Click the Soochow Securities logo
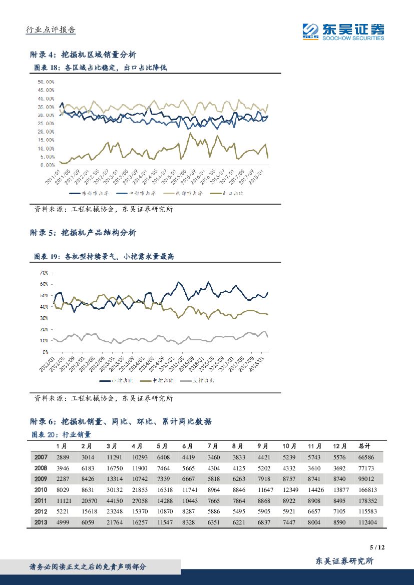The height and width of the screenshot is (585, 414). point(343,32)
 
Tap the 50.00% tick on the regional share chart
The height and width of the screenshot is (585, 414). point(45,82)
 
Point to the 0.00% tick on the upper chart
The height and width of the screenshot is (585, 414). point(47,165)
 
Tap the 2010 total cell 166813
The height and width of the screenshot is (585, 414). point(369,490)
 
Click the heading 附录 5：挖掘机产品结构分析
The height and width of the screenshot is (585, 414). point(83,233)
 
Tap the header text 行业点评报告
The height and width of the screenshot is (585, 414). point(51,30)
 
